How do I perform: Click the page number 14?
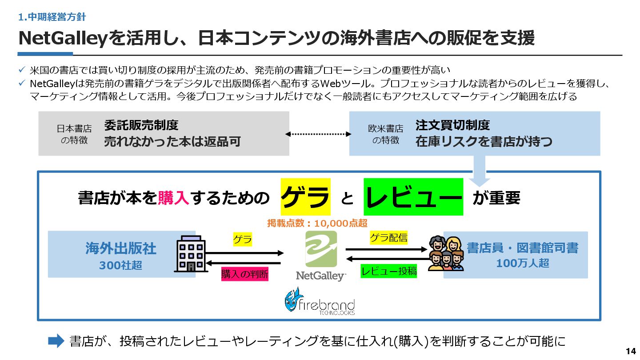631,351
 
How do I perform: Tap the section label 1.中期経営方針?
52,17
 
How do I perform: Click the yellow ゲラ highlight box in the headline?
305,196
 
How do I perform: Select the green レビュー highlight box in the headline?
413,196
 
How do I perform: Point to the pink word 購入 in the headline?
174,197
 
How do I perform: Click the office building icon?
192,254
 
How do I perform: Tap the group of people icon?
446,253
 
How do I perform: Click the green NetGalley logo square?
321,249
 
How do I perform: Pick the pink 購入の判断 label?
245,274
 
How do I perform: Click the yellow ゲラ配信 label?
389,238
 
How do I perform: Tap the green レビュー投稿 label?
389,271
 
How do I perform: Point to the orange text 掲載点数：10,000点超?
317,223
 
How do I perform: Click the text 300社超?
120,265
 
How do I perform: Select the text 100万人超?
522,263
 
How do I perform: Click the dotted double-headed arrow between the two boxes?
319,133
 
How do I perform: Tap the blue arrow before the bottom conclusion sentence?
56,341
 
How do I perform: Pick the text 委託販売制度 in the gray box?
141,125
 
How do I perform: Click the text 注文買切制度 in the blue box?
452,125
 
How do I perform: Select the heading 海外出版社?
120,248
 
